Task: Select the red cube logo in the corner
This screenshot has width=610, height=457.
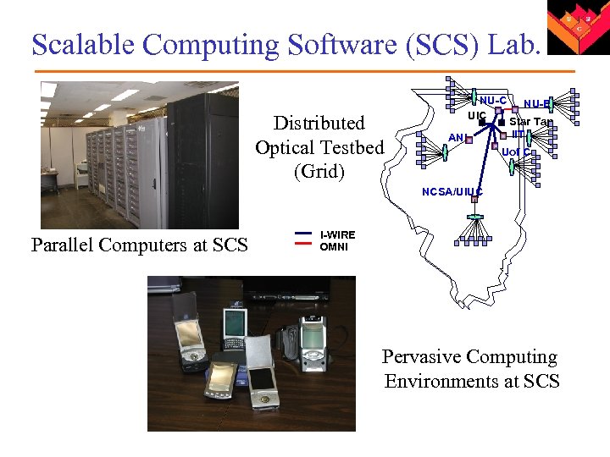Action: coord(576,28)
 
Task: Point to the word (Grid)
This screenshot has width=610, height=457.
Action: coord(319,172)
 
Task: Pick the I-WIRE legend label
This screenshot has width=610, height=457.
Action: coord(337,234)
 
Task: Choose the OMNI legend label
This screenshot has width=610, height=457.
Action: coord(334,247)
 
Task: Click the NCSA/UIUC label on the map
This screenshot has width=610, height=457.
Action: coord(452,192)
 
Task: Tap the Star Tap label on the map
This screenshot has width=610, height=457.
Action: coord(530,122)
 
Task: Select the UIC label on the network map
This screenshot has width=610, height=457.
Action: coord(476,114)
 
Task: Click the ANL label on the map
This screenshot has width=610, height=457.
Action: coord(456,137)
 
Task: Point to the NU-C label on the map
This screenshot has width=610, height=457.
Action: coord(493,102)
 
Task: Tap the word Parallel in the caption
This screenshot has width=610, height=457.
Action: coord(62,245)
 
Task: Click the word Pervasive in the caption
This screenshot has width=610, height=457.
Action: coord(422,357)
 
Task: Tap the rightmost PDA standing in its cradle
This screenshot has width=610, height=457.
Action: coord(313,338)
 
